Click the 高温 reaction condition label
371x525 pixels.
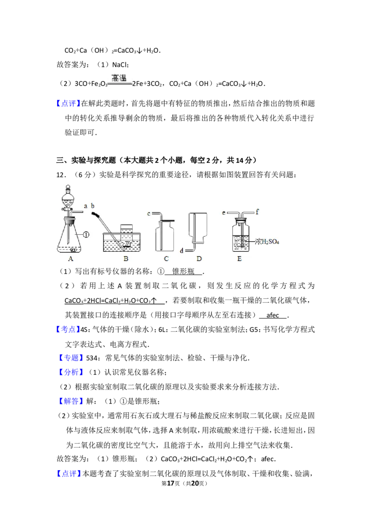click(x=119, y=77)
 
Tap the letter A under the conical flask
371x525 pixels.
click(x=70, y=259)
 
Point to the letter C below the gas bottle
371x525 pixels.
click(x=166, y=259)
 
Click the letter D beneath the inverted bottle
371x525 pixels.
click(x=199, y=259)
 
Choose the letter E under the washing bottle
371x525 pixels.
click(x=240, y=259)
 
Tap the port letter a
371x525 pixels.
click(x=86, y=205)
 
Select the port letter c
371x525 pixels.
click(x=149, y=213)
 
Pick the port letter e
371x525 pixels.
click(x=224, y=212)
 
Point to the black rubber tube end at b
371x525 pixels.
click(x=96, y=214)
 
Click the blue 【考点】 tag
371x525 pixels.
click(x=72, y=358)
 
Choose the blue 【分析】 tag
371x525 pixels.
click(x=72, y=372)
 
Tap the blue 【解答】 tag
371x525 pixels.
click(x=72, y=402)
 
